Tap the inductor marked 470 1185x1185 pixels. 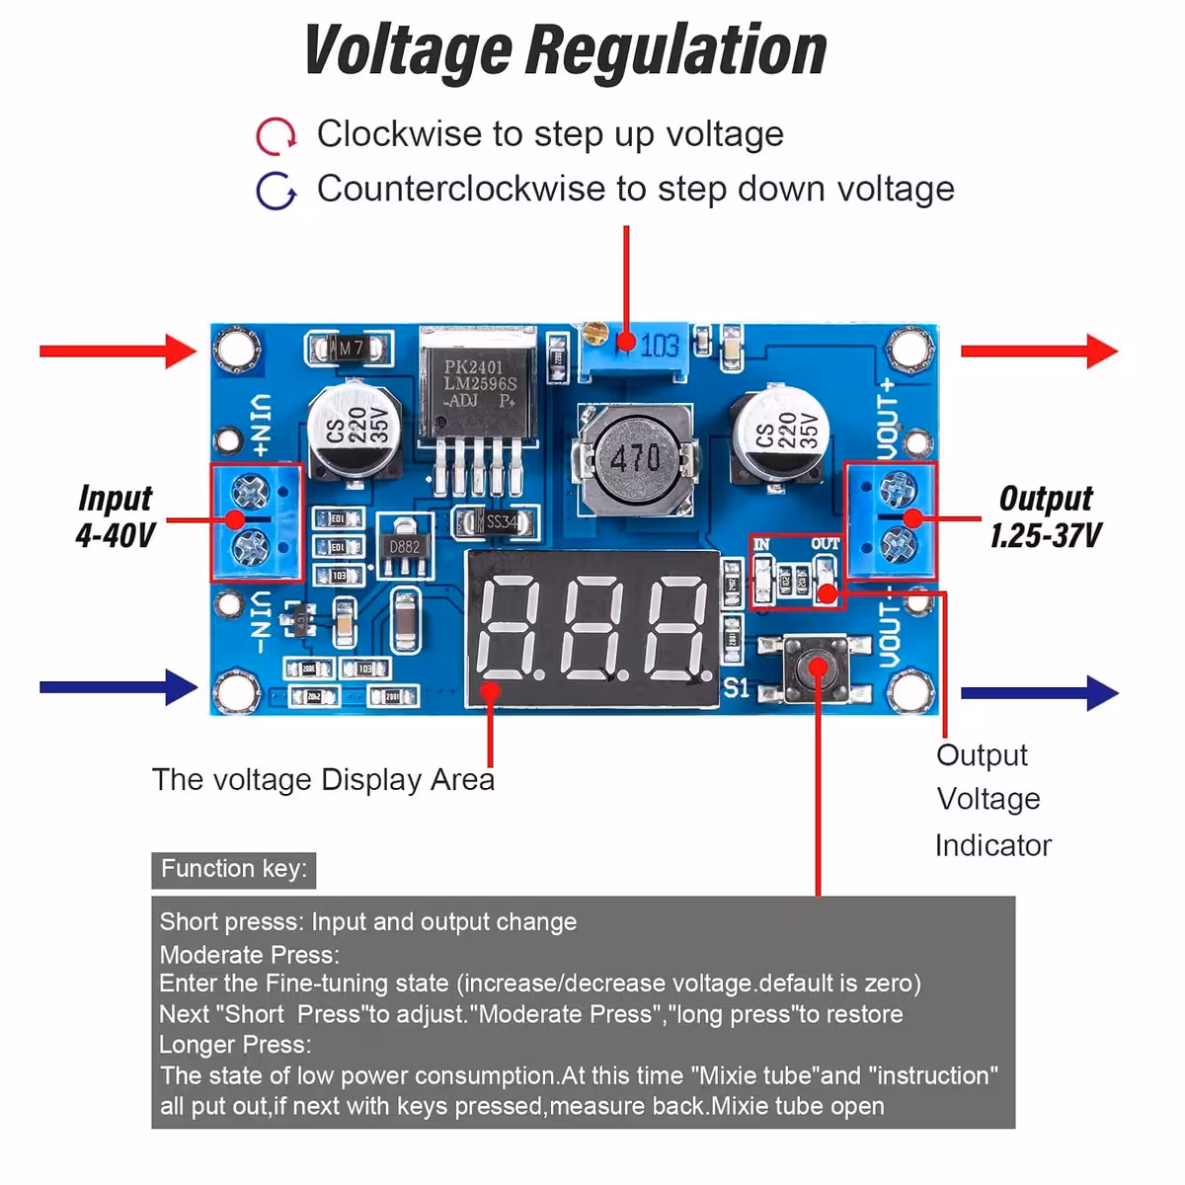coord(635,458)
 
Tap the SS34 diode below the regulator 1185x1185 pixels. coord(497,521)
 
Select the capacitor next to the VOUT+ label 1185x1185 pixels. coord(780,431)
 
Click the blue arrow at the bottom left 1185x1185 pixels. coord(118,687)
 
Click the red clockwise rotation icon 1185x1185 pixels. coord(276,136)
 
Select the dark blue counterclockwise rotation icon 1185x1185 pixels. coord(276,191)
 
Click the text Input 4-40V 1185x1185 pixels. coord(116,516)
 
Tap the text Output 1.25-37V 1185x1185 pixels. coord(1046,516)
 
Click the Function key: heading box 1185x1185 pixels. coord(234,869)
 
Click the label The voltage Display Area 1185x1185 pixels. coord(323,780)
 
